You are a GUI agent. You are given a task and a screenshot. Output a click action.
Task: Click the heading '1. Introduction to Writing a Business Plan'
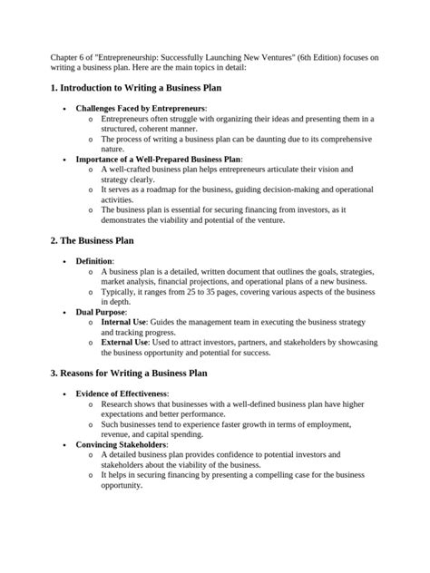pyautogui.click(x=136, y=88)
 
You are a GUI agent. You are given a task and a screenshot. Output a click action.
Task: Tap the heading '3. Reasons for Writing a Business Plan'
pyautogui.click(x=130, y=373)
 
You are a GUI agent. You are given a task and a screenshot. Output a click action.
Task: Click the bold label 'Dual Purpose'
pyautogui.click(x=101, y=310)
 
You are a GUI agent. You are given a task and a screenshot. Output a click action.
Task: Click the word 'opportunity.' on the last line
pyautogui.click(x=122, y=485)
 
